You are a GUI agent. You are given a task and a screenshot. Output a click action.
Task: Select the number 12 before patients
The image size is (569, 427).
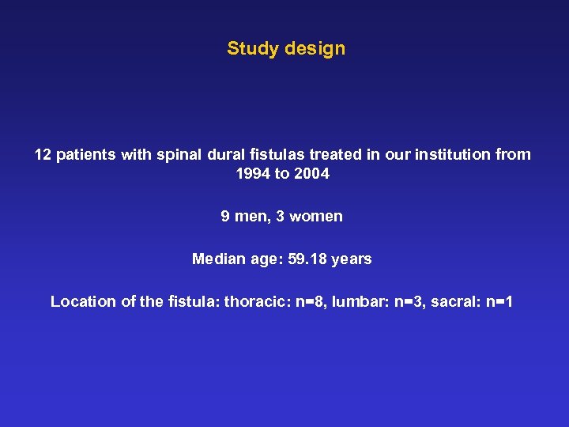[43, 154]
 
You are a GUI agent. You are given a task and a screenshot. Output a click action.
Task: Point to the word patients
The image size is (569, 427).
[86, 154]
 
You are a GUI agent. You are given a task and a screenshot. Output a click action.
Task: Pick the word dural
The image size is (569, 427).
[224, 154]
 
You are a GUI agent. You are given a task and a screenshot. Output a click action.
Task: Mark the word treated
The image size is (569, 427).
[330, 154]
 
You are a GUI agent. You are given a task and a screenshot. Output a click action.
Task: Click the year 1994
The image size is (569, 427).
[253, 174]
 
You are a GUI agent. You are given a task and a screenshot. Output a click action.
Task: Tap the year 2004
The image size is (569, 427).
[311, 174]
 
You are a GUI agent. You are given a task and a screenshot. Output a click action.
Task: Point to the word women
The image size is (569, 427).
[316, 216]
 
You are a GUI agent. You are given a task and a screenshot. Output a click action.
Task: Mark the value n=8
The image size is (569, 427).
[311, 301]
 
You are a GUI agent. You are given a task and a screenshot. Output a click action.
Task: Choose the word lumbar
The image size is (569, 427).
[360, 301]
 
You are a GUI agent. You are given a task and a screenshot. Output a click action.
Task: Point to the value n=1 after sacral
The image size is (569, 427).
[499, 301]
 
